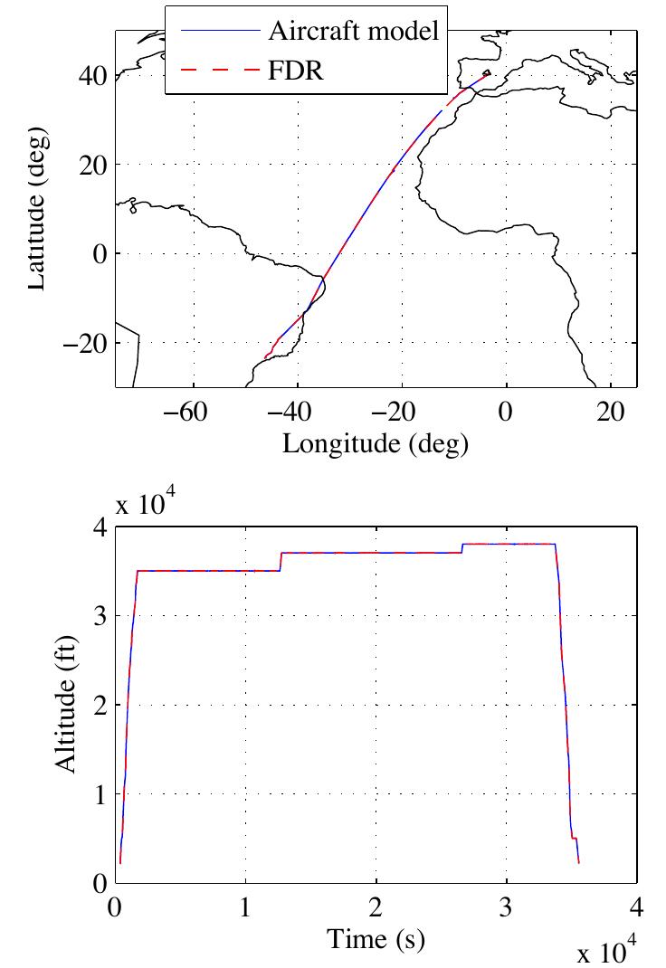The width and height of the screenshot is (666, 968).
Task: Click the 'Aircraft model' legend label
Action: click(x=353, y=31)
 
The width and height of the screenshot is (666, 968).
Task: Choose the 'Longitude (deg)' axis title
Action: click(x=376, y=443)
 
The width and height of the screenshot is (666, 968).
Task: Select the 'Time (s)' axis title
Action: click(x=376, y=941)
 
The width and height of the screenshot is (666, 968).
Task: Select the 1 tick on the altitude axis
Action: click(x=100, y=794)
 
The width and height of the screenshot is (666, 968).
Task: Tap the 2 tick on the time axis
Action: click(x=376, y=907)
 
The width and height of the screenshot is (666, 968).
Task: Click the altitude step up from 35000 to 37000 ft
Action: click(x=281, y=562)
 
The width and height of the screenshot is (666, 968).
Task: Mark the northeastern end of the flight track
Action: click(x=490, y=74)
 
